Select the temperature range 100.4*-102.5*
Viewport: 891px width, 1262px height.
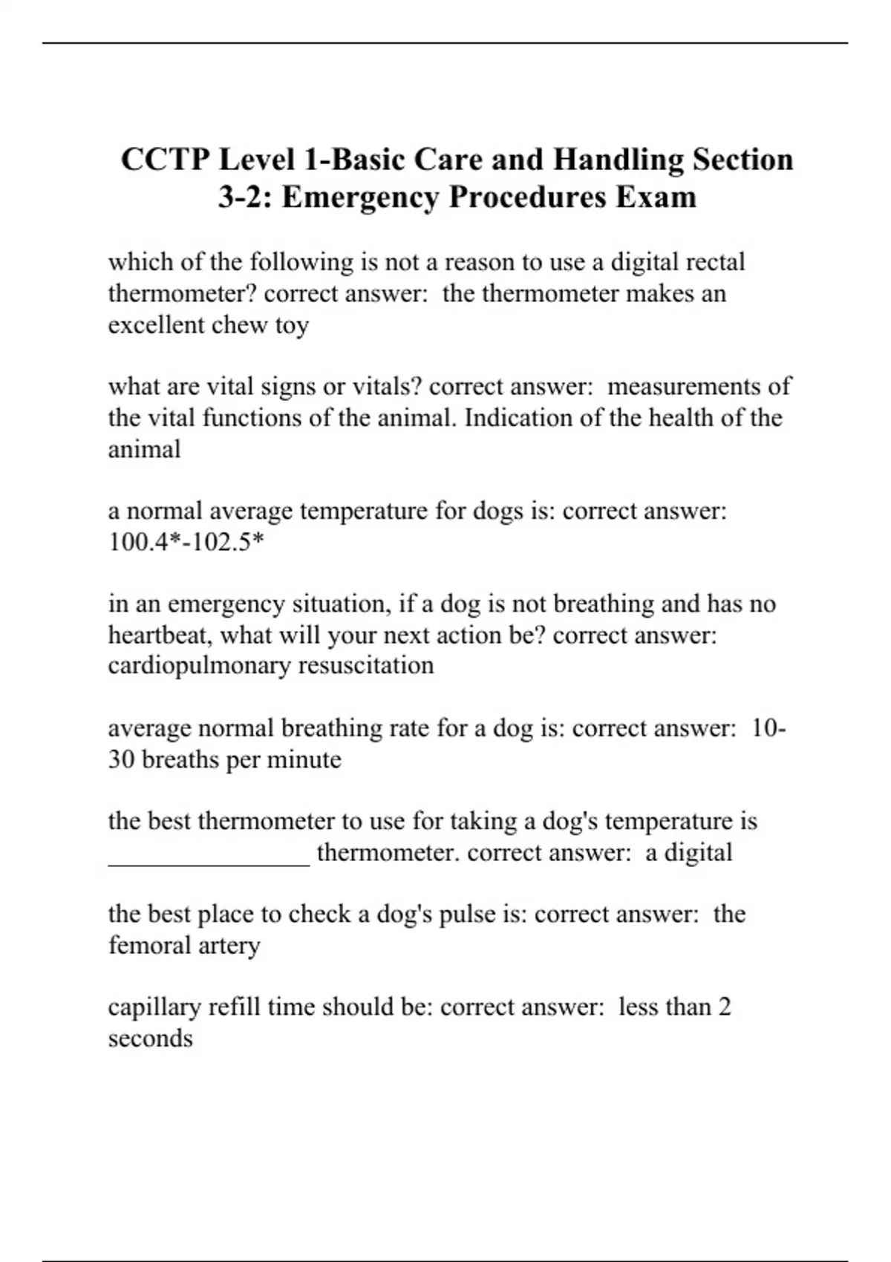click(186, 543)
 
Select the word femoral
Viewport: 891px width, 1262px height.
click(149, 945)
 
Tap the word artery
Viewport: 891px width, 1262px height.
click(229, 945)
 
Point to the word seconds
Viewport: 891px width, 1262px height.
click(150, 1038)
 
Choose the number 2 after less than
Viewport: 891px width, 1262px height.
click(725, 1007)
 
